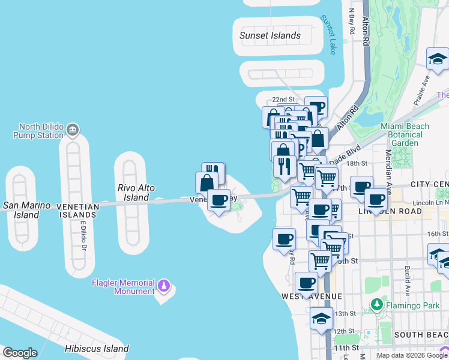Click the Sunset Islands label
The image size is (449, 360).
(x=270, y=35)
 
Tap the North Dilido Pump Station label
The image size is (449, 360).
(x=41, y=131)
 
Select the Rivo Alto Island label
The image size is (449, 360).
(x=136, y=193)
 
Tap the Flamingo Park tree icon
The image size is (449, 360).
(x=377, y=304)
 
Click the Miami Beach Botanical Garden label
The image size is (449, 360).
(x=405, y=134)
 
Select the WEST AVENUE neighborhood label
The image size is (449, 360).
(x=312, y=296)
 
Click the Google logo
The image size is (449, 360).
(x=20, y=353)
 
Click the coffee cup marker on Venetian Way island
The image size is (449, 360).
(x=219, y=200)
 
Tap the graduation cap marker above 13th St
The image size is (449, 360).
(x=321, y=318)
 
